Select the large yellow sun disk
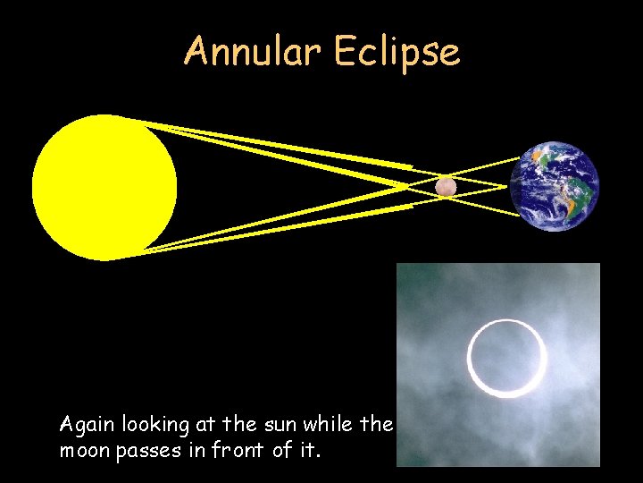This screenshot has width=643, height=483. coord(104,187)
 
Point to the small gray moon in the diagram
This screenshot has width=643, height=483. coord(446,186)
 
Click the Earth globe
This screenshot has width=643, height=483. coord(555,186)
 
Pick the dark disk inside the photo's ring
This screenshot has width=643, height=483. coord(507,357)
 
